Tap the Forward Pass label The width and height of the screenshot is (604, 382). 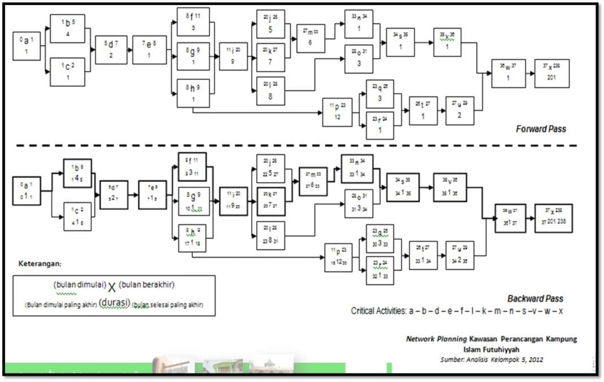(541, 129)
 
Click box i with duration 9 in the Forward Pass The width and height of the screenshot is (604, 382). (233, 56)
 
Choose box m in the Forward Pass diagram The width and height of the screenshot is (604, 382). (310, 38)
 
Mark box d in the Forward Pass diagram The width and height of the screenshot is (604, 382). (111, 50)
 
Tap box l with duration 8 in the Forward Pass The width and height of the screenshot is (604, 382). (270, 90)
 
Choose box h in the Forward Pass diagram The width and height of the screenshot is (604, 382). (193, 93)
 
